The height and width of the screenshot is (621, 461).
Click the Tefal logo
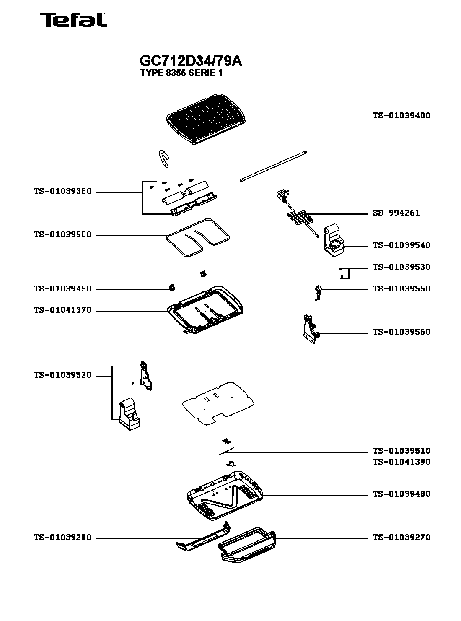tap(73, 20)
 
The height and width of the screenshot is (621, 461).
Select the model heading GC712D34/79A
tap(191, 61)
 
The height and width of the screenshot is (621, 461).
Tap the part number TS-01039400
tap(401, 116)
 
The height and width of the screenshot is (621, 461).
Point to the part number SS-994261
tap(396, 213)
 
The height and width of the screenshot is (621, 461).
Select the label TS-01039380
tap(62, 192)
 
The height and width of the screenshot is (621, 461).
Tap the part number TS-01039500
tap(62, 235)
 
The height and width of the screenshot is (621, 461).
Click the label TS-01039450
tap(62, 289)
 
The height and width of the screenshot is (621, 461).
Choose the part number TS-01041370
tap(62, 311)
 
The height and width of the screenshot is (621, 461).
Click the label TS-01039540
tap(401, 246)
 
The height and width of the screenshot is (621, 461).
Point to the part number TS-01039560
tap(401, 332)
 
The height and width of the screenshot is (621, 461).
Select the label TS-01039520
tap(62, 376)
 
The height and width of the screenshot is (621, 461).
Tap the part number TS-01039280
tap(62, 538)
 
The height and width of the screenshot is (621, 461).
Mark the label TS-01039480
tap(401, 494)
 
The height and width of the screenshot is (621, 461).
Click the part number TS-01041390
tap(401, 462)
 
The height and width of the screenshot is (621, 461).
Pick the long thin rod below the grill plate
tap(274, 166)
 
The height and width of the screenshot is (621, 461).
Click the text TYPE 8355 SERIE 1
tap(181, 73)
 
